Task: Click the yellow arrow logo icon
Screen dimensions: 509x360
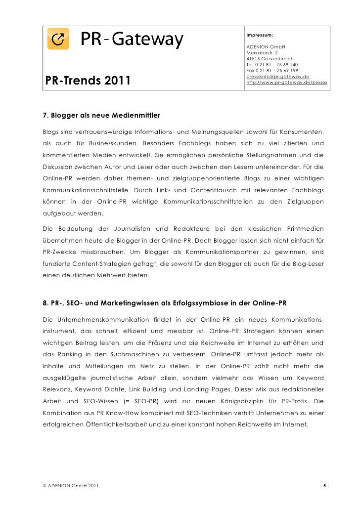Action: pyautogui.click(x=58, y=38)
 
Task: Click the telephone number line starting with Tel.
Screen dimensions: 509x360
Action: pyautogui.click(x=271, y=65)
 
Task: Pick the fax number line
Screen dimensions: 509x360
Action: pyautogui.click(x=271, y=71)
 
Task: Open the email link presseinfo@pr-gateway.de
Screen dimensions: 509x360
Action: pyautogui.click(x=277, y=77)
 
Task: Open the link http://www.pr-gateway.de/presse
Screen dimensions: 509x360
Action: pyautogui.click(x=286, y=83)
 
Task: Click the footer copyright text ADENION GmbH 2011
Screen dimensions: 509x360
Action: pyautogui.click(x=69, y=486)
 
